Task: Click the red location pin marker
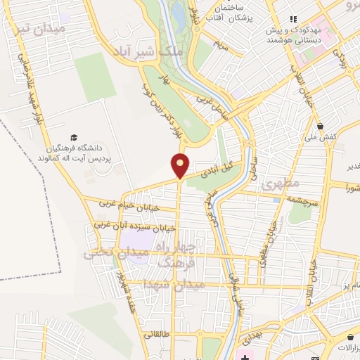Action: (x=180, y=165)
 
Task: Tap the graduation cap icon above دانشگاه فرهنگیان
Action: (x=73, y=137)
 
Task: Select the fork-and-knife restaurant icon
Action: (x=294, y=19)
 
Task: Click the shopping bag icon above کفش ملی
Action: (x=321, y=126)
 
